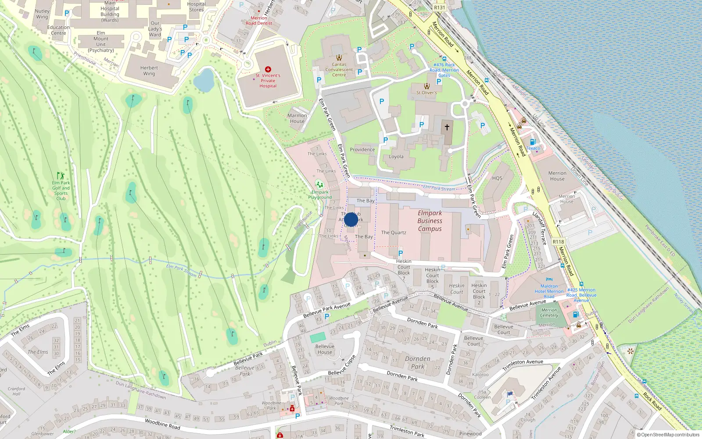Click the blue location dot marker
351,219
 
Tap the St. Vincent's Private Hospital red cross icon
268,69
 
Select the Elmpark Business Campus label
430,221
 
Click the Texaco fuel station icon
533,142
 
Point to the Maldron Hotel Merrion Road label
549,291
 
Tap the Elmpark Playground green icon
319,184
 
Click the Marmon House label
297,119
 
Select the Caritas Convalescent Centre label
339,69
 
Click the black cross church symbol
447,127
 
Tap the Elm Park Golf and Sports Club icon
61,176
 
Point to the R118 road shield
558,242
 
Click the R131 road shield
439,7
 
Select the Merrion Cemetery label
549,313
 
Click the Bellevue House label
325,349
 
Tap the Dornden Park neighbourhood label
417,362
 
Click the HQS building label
497,178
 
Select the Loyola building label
396,157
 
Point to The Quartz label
394,233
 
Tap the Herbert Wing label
149,71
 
